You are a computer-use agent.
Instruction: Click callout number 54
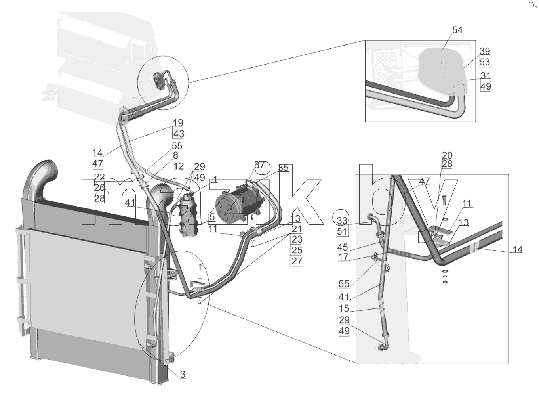(x=457, y=30)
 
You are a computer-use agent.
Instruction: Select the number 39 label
(x=485, y=51)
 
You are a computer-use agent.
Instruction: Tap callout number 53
(x=485, y=62)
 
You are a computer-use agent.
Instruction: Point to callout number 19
(x=178, y=123)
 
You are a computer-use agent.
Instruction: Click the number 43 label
(x=179, y=134)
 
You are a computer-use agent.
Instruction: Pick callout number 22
(x=99, y=177)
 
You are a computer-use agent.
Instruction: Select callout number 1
(x=215, y=180)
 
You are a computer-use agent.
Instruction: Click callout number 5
(x=212, y=217)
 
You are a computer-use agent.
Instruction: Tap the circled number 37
(x=260, y=165)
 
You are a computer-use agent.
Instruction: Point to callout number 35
(x=284, y=168)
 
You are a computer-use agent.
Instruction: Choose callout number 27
(x=297, y=261)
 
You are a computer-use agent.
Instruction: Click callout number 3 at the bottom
(x=183, y=375)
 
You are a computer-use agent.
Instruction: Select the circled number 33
(x=342, y=221)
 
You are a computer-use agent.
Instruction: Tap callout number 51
(x=342, y=231)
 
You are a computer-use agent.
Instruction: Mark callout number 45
(x=343, y=247)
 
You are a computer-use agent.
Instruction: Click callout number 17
(x=343, y=257)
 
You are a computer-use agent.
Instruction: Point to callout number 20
(x=447, y=155)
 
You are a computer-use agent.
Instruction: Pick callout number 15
(x=344, y=308)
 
